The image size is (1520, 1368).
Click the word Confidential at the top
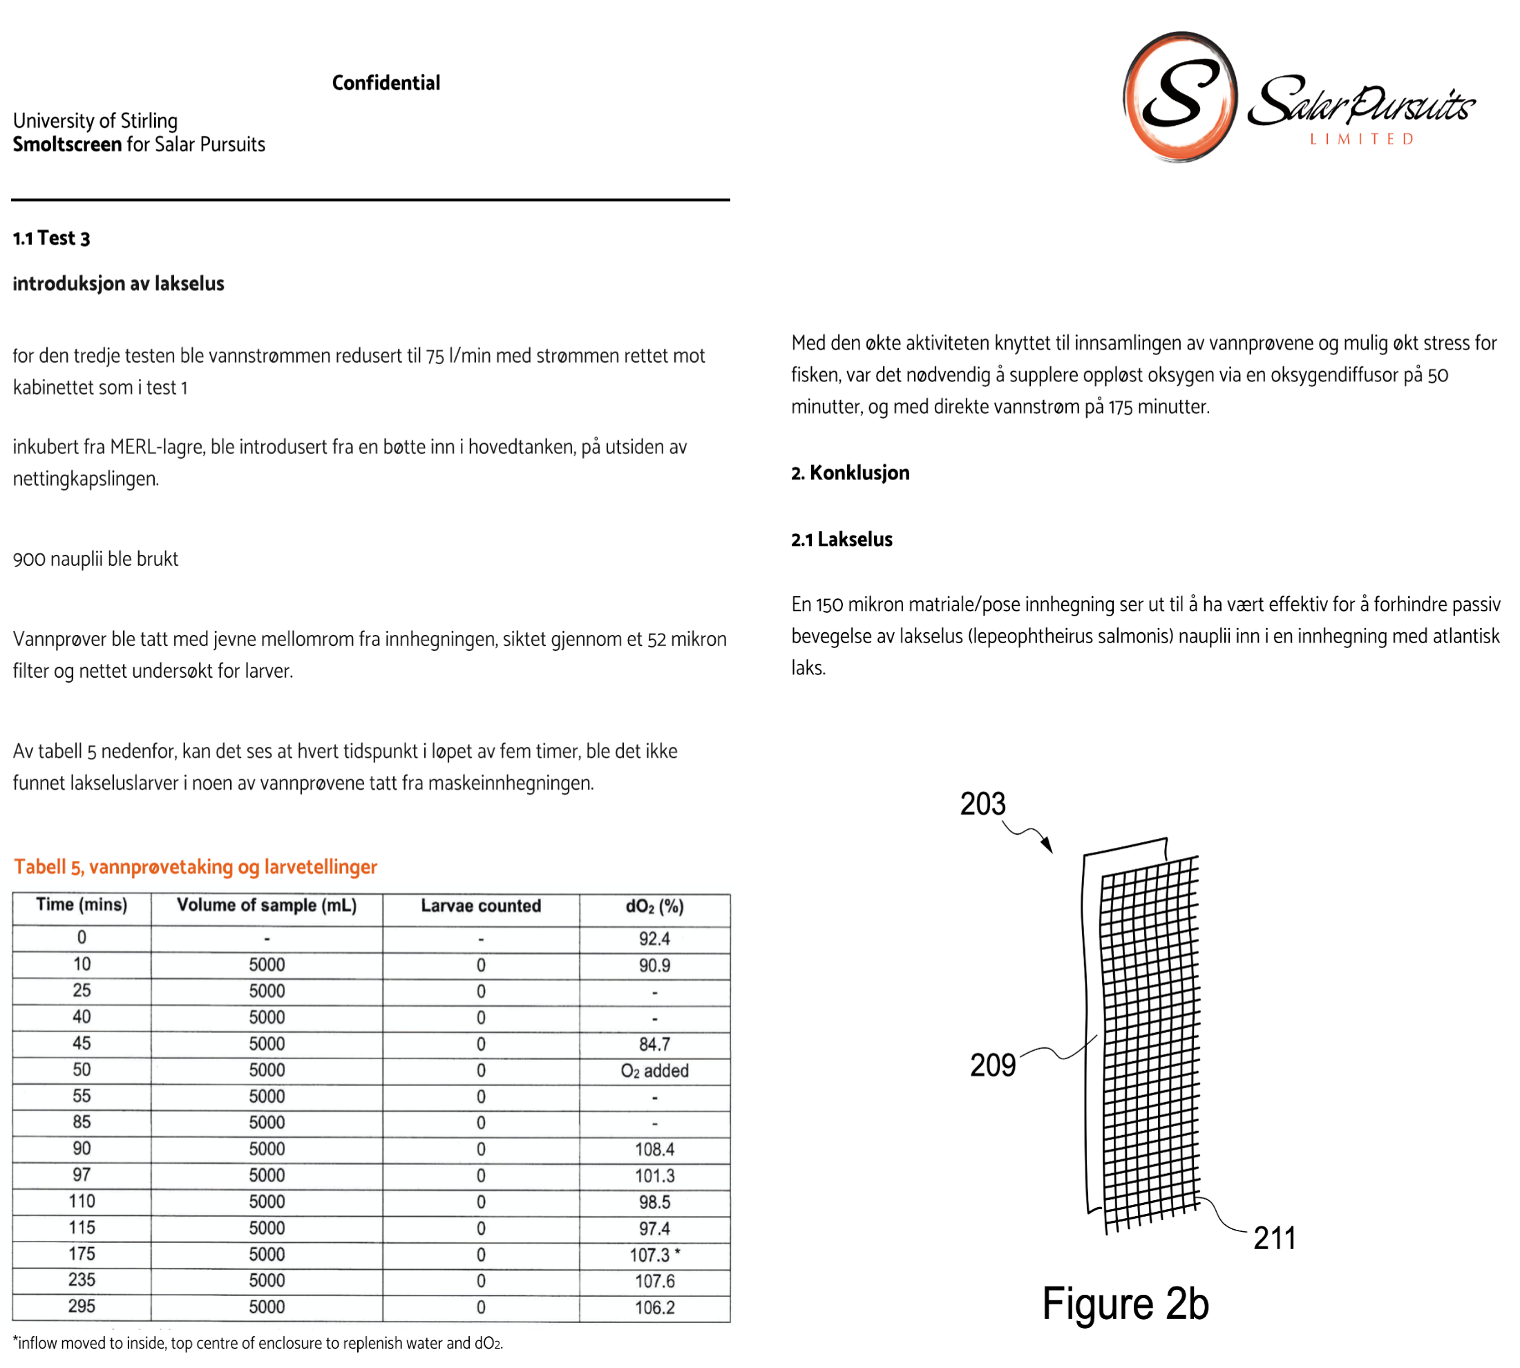(x=386, y=83)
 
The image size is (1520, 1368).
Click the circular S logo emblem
(x=1179, y=96)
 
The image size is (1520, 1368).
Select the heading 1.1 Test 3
(x=51, y=238)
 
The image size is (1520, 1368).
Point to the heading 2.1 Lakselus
(x=842, y=539)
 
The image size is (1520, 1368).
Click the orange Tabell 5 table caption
(x=196, y=866)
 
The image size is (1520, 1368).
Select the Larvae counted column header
(x=480, y=906)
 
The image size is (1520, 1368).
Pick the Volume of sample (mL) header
(x=266, y=905)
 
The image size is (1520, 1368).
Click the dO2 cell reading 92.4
(x=654, y=939)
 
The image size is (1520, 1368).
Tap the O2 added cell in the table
(x=654, y=1070)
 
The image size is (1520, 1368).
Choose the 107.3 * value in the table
(x=654, y=1255)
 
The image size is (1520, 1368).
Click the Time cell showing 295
(x=82, y=1306)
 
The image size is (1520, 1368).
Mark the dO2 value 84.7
(x=654, y=1044)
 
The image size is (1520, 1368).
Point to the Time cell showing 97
(x=82, y=1175)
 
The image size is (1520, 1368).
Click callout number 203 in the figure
(x=982, y=804)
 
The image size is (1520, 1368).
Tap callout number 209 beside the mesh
(x=992, y=1065)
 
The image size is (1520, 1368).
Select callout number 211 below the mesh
(x=1274, y=1238)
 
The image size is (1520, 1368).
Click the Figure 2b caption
(x=1125, y=1304)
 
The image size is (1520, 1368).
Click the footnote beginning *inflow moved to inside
(x=258, y=1343)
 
